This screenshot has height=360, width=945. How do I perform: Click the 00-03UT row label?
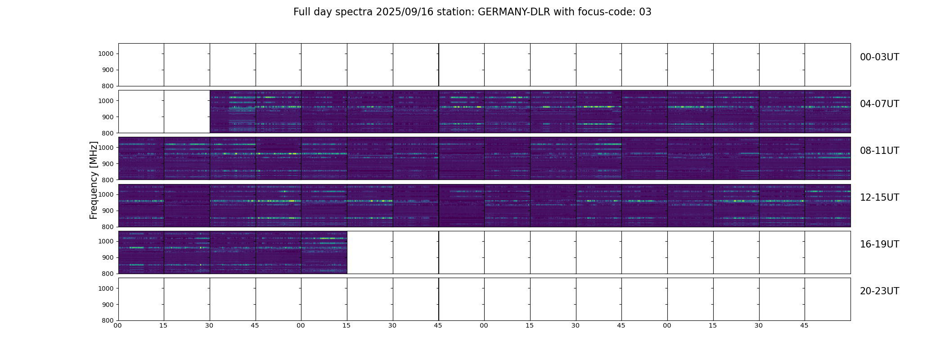pos(879,57)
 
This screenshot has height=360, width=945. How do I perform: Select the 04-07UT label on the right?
pos(879,104)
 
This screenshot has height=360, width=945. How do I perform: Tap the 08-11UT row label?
pos(879,151)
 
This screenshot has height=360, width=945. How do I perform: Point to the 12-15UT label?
pos(879,198)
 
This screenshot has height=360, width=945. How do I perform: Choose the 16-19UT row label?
pos(879,244)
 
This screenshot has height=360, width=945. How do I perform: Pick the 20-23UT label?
pos(879,291)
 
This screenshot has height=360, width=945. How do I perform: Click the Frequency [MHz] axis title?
pos(94,180)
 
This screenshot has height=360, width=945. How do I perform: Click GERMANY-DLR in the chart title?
pos(514,12)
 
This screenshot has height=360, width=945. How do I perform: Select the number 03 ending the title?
pos(645,12)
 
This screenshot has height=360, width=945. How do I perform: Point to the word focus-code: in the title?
pos(607,12)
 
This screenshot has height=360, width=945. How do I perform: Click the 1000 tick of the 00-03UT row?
pos(107,54)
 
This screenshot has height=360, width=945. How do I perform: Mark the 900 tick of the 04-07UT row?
pos(108,117)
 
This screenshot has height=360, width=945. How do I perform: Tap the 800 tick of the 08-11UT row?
pos(108,180)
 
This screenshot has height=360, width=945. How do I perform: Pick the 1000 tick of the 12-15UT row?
pos(107,194)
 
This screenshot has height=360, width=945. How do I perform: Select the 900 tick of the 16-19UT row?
pos(108,257)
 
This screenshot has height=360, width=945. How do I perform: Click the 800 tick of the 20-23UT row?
pos(108,320)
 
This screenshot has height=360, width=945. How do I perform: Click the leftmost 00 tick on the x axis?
pos(118,325)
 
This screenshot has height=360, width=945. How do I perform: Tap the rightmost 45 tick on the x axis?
pos(804,325)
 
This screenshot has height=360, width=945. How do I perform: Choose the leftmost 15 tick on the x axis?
pos(163,325)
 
